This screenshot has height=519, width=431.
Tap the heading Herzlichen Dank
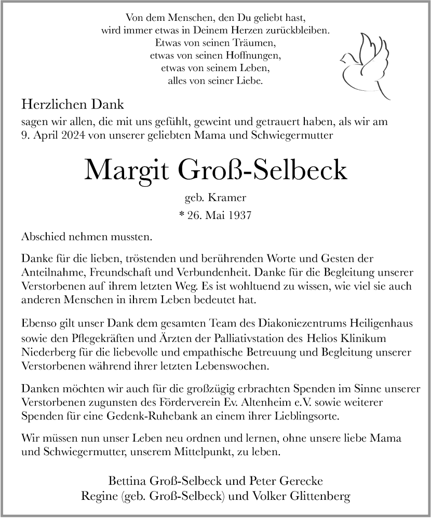73,104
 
